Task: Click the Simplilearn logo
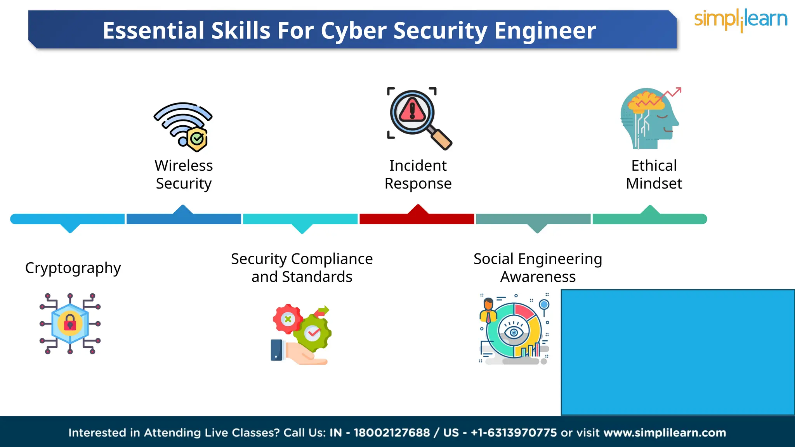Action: coord(740,20)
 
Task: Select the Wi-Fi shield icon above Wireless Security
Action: coord(184,126)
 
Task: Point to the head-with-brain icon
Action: coord(649,119)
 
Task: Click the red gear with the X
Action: coord(287,319)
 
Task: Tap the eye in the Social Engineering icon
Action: coord(514,332)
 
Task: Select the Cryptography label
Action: coord(73,268)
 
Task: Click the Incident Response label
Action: coord(418,175)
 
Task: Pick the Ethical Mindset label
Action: coord(654,175)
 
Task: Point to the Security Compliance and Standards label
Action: coord(302,268)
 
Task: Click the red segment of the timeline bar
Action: coord(417,219)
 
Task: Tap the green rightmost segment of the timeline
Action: coord(649,219)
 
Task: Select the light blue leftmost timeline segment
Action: coord(68,219)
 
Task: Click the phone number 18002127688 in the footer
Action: coord(392,433)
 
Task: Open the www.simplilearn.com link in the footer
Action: coord(665,433)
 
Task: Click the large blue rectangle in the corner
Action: coord(678,352)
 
